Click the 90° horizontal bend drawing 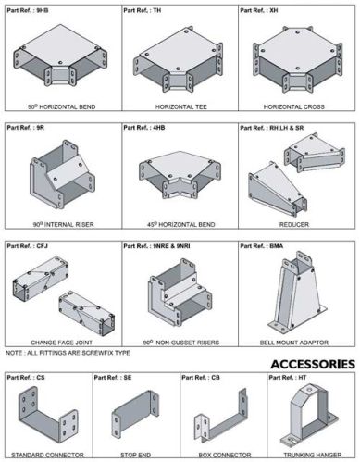coord(61,60)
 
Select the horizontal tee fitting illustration coord(179,59)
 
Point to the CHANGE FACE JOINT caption coord(61,343)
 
